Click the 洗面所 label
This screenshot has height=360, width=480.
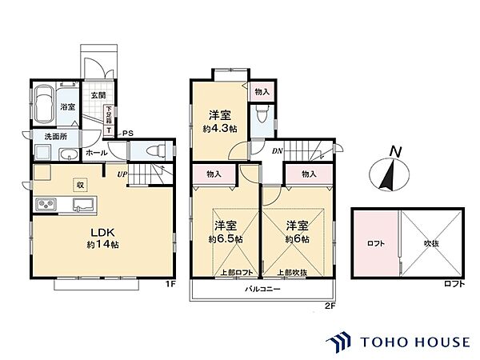click(x=55, y=137)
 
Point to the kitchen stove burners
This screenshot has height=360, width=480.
click(x=45, y=208)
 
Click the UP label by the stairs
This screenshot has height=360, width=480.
click(x=122, y=174)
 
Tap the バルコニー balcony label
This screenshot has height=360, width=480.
click(x=262, y=290)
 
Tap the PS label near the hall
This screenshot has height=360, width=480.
click(x=126, y=133)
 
